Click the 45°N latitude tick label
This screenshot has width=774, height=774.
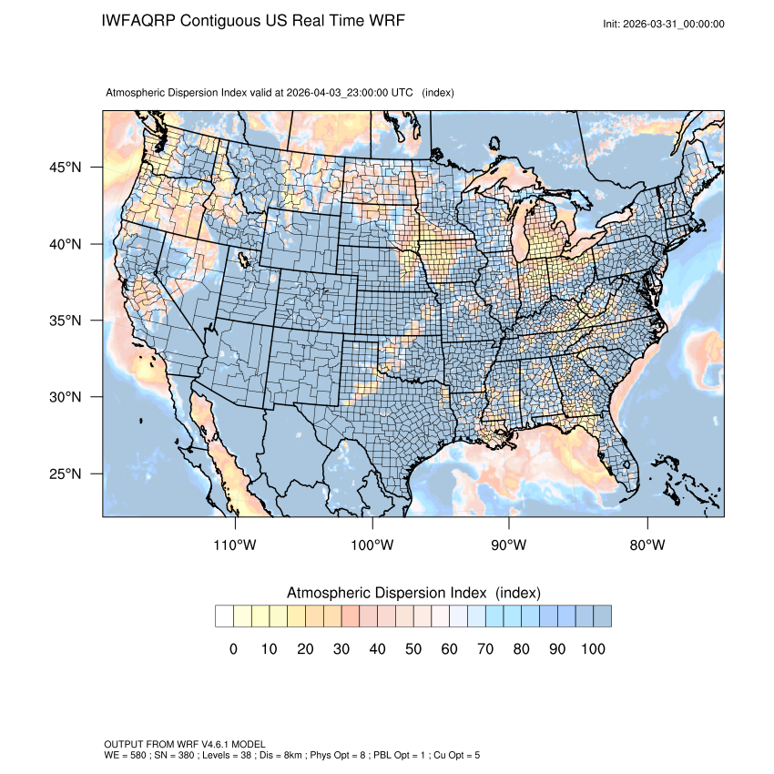(65, 168)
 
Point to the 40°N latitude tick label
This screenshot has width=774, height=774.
(65, 244)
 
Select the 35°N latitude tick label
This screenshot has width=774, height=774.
(65, 321)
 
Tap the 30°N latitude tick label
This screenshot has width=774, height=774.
(65, 397)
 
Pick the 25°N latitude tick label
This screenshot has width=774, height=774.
(65, 474)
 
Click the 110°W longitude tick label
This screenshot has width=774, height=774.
(236, 545)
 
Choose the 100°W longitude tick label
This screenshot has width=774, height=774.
(372, 545)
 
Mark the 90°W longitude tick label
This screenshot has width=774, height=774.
(510, 545)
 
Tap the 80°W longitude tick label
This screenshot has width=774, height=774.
(647, 545)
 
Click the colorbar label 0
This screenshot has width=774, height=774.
(233, 649)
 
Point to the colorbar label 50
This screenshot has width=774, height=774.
(412, 649)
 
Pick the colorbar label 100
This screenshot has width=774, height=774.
(592, 649)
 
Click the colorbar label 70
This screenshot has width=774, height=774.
(484, 649)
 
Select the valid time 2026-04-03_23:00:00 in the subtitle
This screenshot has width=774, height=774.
(350, 93)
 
